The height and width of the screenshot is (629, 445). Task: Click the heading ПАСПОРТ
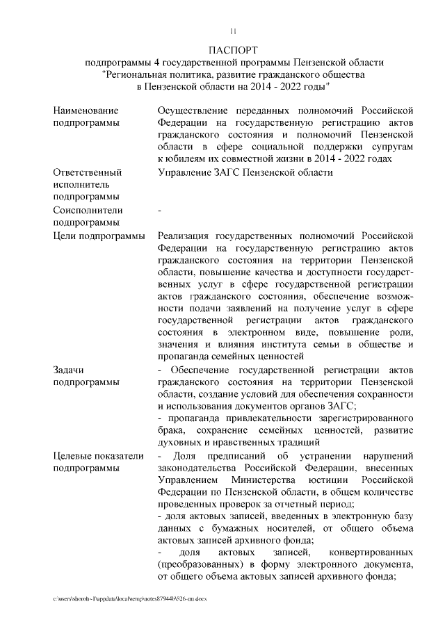234,50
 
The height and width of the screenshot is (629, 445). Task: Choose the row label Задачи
70,369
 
